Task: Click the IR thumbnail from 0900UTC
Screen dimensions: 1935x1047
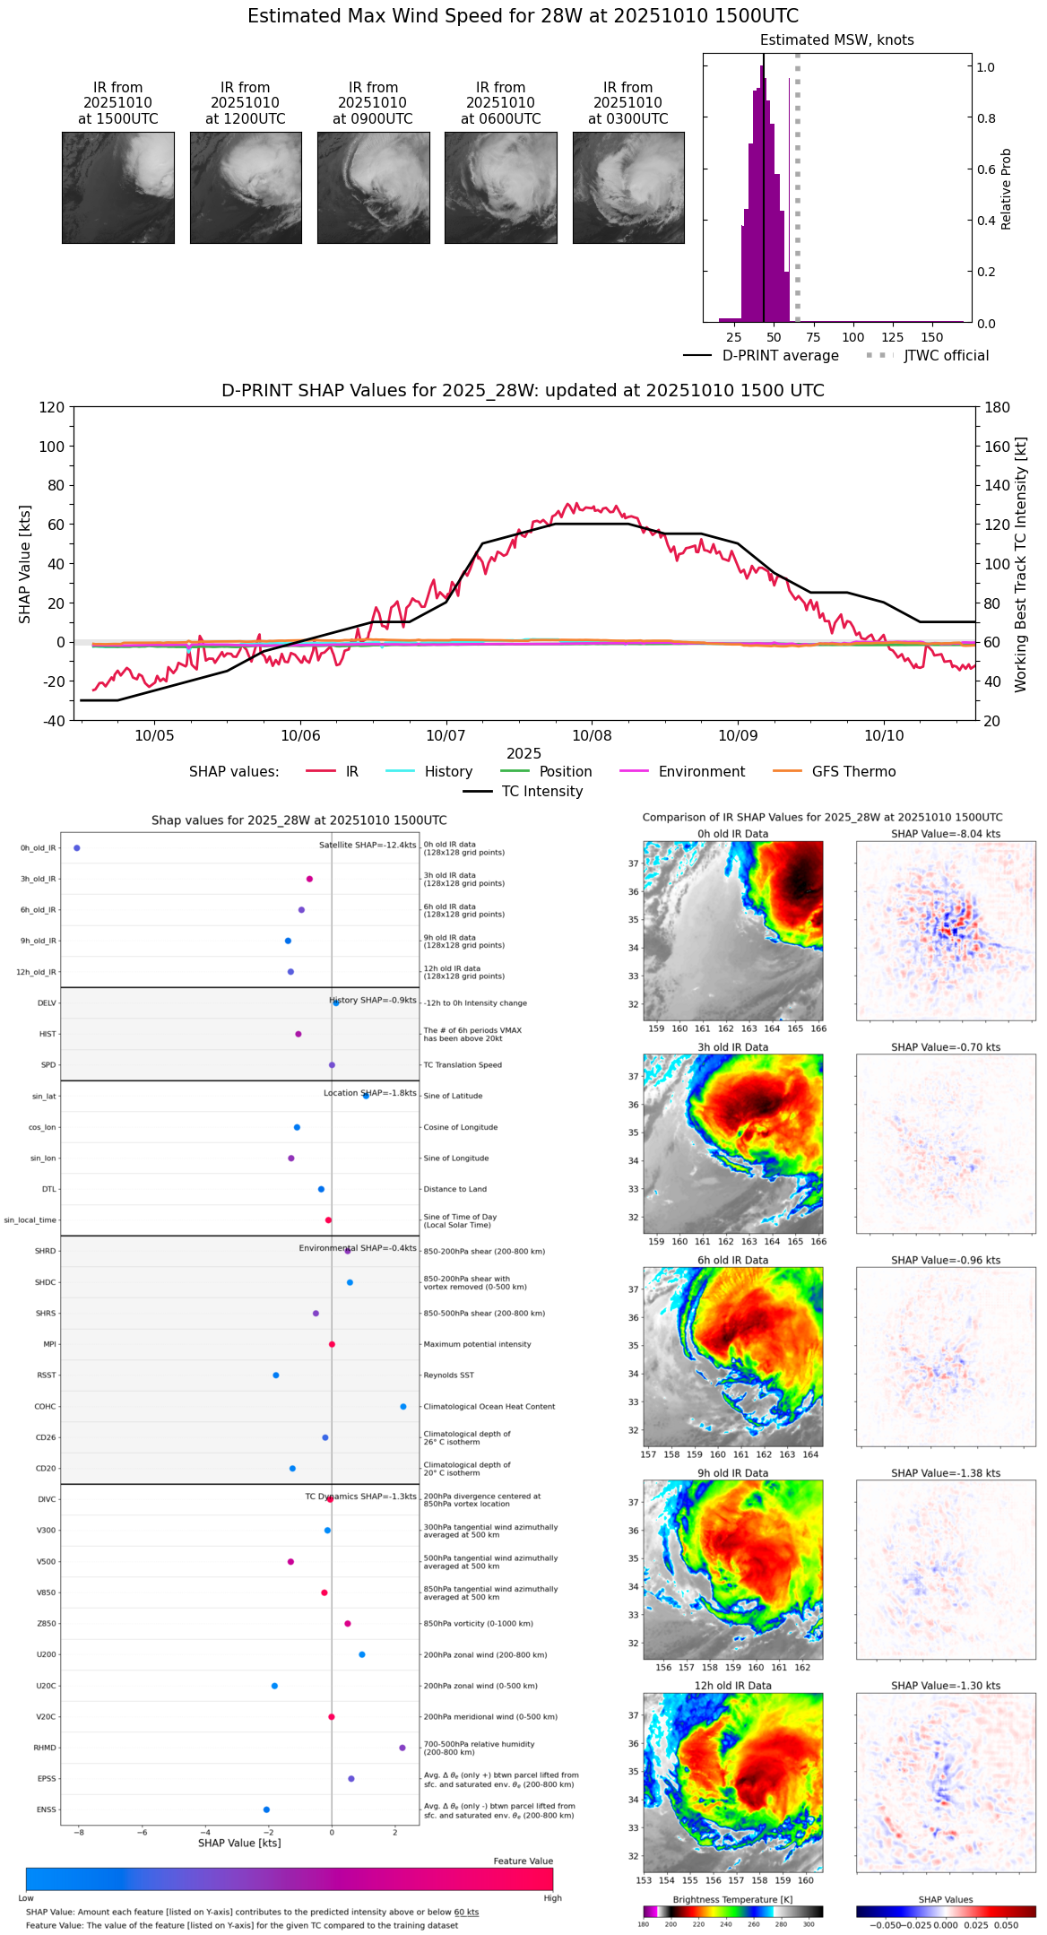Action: click(373, 187)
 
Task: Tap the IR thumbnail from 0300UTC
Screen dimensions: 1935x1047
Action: click(628, 187)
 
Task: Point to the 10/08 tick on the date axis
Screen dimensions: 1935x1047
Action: click(592, 735)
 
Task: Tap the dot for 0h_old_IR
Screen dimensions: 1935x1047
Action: click(77, 848)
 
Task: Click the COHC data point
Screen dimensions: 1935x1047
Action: click(403, 1407)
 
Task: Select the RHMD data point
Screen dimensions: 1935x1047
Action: click(402, 1748)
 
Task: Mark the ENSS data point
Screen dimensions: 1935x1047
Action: click(266, 1809)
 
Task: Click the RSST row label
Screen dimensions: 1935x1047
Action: click(47, 1375)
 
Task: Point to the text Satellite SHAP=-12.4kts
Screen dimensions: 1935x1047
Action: click(368, 846)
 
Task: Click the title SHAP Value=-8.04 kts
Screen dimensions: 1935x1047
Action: click(946, 834)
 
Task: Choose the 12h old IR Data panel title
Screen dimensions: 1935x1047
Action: click(732, 1686)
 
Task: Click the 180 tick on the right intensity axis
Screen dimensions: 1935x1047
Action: click(998, 408)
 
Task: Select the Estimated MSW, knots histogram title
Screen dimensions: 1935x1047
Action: click(836, 40)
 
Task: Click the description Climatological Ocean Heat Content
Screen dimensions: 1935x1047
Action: click(489, 1407)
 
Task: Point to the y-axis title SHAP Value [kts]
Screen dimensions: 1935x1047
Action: click(25, 564)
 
